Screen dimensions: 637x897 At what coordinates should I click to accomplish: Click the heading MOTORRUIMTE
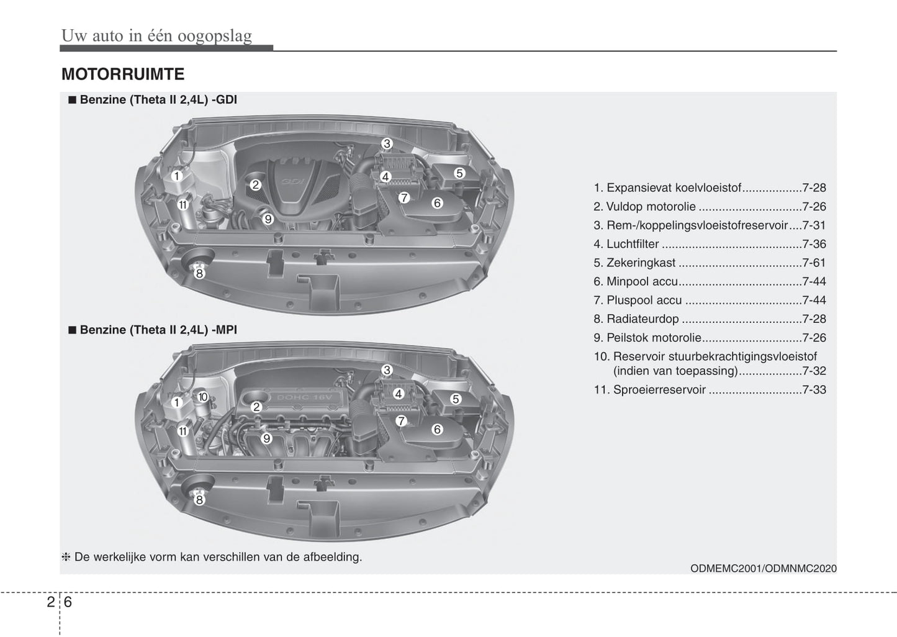click(x=123, y=75)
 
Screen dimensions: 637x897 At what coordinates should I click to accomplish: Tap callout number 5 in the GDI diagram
click(x=459, y=173)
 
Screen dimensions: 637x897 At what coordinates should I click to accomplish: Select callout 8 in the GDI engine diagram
click(x=199, y=273)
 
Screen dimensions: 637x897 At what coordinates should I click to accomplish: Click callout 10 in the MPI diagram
click(x=202, y=397)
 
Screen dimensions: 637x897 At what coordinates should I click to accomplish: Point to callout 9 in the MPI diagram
click(x=266, y=438)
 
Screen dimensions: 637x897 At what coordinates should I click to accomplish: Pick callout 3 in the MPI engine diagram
click(x=387, y=370)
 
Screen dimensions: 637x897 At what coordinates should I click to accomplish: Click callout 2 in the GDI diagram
click(x=255, y=184)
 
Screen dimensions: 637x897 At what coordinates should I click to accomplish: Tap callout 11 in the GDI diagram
click(x=183, y=204)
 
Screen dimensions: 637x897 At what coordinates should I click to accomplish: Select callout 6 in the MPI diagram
click(x=437, y=429)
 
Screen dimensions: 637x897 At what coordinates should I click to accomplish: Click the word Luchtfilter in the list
click(x=633, y=244)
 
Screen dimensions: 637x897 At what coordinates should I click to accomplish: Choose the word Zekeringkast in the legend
click(x=641, y=263)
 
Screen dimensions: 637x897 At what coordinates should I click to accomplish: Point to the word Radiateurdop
click(x=642, y=319)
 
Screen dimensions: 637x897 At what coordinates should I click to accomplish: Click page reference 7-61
click(x=814, y=263)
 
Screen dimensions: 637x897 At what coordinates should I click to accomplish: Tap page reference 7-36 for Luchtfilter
click(x=814, y=244)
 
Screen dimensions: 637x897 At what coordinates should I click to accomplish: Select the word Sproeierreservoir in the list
click(x=659, y=390)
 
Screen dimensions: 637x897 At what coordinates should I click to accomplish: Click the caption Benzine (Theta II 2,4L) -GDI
click(x=158, y=100)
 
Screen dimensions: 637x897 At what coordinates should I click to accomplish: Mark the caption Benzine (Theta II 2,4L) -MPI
click(x=158, y=330)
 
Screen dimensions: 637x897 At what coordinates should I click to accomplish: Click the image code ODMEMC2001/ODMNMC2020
click(x=764, y=568)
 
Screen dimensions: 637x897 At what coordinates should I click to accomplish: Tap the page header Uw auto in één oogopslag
click(x=156, y=36)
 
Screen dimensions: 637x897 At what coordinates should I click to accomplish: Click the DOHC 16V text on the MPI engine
click(x=304, y=397)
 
